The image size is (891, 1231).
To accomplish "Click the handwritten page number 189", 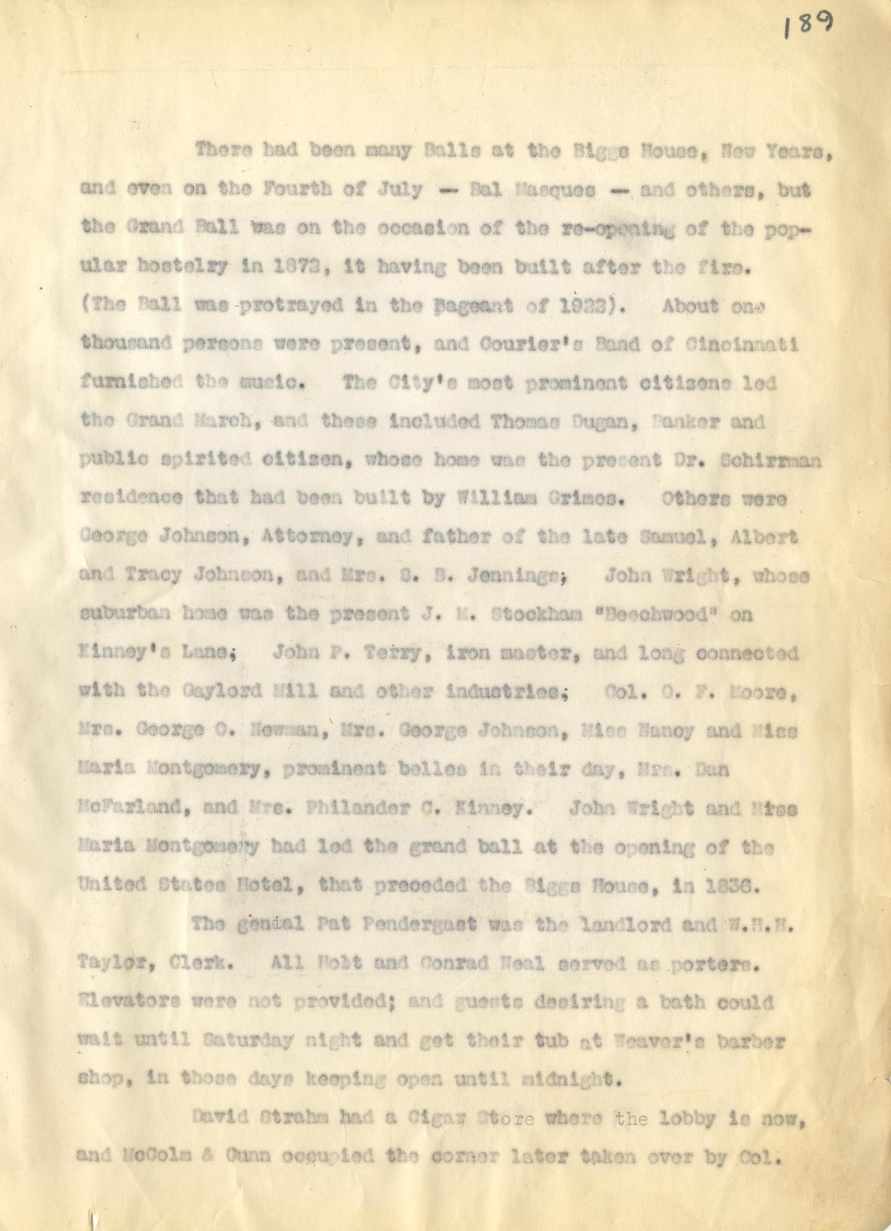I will click(809, 26).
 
